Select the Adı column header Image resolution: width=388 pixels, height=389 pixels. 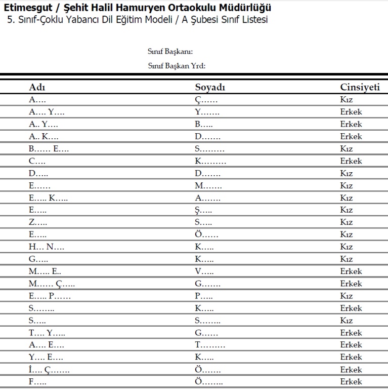pos(37,88)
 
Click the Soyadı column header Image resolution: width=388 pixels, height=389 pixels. pos(210,88)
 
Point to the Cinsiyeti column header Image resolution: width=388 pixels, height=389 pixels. pos(359,88)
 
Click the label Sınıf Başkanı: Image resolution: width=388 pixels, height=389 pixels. pos(170,52)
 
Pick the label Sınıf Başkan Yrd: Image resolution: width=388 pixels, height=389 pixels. pos(176,66)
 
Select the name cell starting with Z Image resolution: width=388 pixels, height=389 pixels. pos(38,222)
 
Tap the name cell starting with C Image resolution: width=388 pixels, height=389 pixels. pos(37,161)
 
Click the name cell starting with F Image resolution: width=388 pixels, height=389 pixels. pos(37,382)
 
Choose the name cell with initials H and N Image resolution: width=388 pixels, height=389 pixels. pos(47,247)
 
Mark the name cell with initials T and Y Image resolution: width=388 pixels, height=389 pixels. pos(47,333)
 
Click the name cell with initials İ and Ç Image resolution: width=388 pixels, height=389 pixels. pos(49,370)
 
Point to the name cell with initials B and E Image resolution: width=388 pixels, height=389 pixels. pos(49,149)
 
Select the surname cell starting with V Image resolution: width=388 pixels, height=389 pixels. pos(204,271)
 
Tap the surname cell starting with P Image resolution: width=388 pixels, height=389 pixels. pos(204,296)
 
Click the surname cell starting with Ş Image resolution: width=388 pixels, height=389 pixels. pos(203,210)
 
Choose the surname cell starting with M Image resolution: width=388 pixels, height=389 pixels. pos(208,186)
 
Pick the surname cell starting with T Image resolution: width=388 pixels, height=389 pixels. pos(210,345)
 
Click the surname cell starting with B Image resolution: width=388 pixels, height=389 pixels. pos(204,124)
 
